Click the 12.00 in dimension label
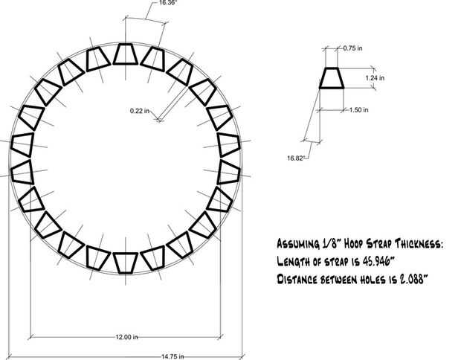click(126, 337)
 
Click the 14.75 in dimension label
click(173, 356)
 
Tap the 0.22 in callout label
click(140, 111)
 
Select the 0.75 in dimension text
click(352, 48)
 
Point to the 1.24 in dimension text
click(375, 78)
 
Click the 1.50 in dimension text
click(359, 110)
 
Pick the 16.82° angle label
click(295, 158)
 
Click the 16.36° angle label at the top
click(168, 3)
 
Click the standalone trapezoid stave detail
click(332, 78)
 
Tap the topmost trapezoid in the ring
click(126, 54)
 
